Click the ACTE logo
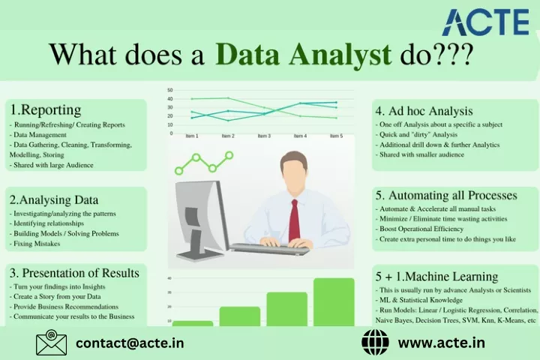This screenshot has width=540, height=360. [x=485, y=22]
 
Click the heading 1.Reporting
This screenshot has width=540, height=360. [x=46, y=110]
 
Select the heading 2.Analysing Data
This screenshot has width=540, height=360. [x=54, y=199]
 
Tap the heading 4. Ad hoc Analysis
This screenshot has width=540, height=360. [x=424, y=111]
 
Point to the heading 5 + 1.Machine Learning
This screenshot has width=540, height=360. [x=436, y=276]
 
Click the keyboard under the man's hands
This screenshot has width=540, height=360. [x=270, y=249]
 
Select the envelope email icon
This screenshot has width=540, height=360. [x=51, y=343]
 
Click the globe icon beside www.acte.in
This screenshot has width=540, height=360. [x=376, y=343]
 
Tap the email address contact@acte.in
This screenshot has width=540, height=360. [x=130, y=343]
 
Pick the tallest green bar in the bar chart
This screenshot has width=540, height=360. [x=334, y=301]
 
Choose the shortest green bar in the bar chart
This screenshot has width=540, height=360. [x=193, y=323]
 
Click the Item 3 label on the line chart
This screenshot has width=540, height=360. [x=264, y=136]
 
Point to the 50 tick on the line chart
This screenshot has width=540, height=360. [x=170, y=90]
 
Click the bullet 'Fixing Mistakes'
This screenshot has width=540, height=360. [x=34, y=244]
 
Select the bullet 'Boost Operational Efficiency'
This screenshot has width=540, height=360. [x=419, y=229]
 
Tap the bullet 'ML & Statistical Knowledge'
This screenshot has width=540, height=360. [x=419, y=300]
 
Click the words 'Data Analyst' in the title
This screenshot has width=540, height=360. [x=304, y=55]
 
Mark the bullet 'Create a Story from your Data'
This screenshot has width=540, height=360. [x=55, y=296]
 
